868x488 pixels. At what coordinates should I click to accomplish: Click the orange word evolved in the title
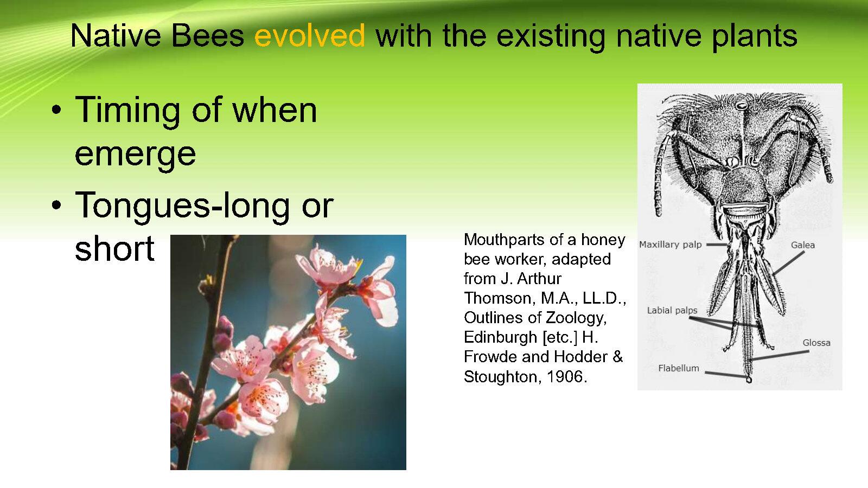click(310, 35)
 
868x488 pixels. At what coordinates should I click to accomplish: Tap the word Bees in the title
click(207, 35)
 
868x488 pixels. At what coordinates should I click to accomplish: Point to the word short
click(114, 248)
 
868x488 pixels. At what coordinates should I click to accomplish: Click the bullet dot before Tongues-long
click(56, 205)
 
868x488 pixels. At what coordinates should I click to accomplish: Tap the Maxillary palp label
click(671, 245)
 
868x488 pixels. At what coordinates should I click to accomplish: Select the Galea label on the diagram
click(803, 245)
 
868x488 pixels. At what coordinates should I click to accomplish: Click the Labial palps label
click(672, 311)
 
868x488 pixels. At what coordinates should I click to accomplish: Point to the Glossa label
click(816, 343)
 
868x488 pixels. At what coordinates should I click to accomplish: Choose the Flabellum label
click(679, 368)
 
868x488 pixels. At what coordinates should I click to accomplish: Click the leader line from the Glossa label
click(780, 356)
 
